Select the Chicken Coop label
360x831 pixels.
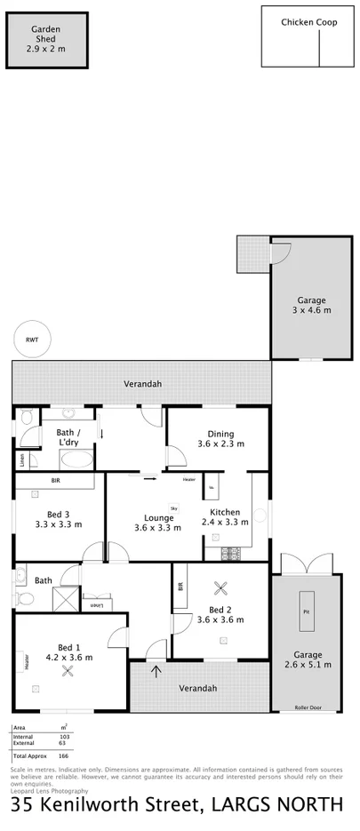pos(308,23)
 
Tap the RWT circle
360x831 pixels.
pos(32,339)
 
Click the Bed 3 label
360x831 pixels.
pos(63,518)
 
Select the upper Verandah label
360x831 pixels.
pos(141,384)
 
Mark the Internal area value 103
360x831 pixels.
pos(63,737)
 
